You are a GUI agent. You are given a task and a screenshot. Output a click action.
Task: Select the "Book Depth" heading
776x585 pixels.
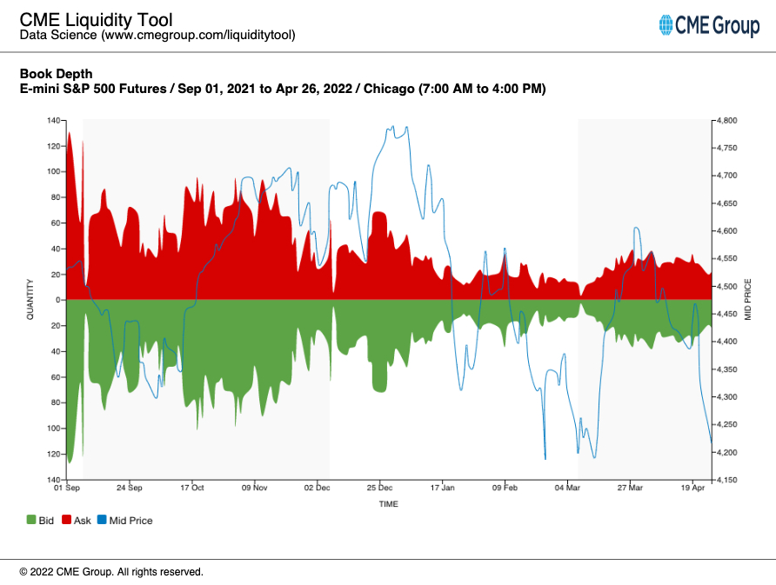[x=56, y=74]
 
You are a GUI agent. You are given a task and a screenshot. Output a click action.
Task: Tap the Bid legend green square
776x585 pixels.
[x=31, y=520]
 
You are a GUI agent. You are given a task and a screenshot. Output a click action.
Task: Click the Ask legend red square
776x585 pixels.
[x=67, y=520]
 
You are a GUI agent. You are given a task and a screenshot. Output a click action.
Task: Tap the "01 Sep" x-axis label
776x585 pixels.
[x=67, y=489]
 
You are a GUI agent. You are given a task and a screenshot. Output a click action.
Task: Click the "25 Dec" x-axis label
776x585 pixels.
[x=379, y=489]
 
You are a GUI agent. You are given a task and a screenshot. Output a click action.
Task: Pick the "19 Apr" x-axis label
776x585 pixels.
[x=693, y=489]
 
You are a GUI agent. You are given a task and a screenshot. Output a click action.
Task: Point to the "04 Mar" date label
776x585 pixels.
[x=567, y=489]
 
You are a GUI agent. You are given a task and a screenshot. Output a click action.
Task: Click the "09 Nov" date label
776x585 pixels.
[x=255, y=489]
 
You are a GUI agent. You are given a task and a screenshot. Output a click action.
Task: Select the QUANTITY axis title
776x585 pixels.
[x=30, y=300]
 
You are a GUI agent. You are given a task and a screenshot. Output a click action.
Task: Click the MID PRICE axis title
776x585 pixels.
[x=746, y=300]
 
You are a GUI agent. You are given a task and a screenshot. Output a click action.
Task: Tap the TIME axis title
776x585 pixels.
[x=389, y=504]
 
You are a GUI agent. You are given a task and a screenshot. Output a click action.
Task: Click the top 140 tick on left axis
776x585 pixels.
[x=54, y=120]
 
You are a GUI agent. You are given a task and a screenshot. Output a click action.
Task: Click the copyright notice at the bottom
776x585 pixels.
[x=111, y=572]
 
